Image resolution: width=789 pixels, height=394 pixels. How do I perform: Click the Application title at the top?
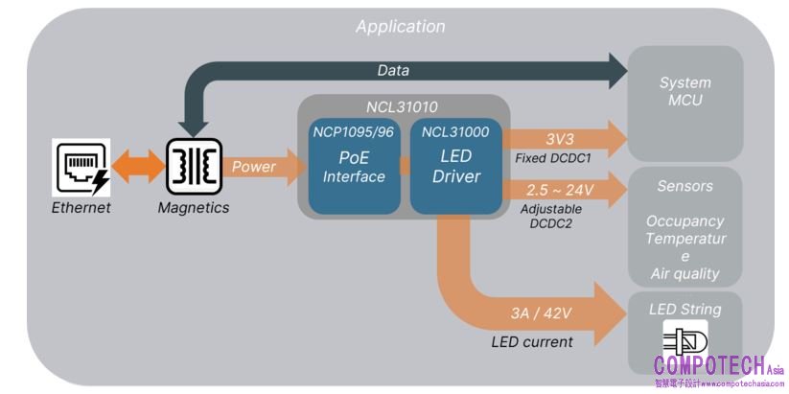[400, 26]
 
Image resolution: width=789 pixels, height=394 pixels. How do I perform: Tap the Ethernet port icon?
[81, 167]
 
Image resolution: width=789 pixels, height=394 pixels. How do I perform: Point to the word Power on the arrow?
[254, 167]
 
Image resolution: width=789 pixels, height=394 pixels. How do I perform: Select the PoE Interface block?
[354, 167]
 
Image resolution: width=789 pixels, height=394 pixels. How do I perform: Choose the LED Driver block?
[456, 167]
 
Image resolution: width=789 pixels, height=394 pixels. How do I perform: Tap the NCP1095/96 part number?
[354, 132]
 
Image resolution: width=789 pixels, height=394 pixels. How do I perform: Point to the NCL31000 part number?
[456, 132]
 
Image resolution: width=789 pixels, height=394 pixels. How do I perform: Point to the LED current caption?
[532, 342]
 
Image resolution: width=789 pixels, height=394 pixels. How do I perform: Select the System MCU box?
[685, 92]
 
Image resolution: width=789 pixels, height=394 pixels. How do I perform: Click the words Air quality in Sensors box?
[684, 273]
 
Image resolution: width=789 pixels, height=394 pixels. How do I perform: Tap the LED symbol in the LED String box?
[685, 341]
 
